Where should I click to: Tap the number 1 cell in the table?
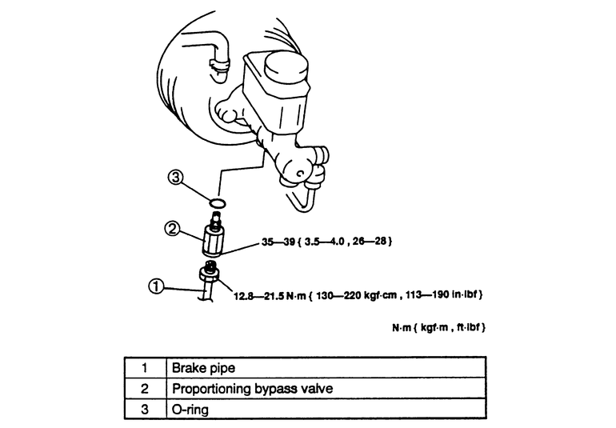click(145, 369)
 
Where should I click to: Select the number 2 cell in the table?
click(145, 389)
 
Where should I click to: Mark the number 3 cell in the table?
click(145, 409)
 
